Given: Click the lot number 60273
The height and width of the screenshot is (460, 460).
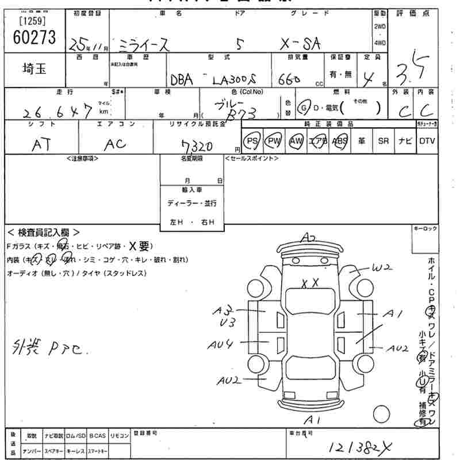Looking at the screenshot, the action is [34, 38].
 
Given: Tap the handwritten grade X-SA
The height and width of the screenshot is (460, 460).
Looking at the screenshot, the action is [298, 44].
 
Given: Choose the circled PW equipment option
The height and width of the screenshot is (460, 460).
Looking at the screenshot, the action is [274, 141].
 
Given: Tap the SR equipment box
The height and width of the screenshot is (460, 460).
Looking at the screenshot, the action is [384, 141].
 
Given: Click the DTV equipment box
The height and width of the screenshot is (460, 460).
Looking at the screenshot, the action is [427, 141].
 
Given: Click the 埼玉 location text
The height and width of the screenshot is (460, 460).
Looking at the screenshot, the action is [35, 68].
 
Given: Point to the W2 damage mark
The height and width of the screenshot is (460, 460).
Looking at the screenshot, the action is [381, 267].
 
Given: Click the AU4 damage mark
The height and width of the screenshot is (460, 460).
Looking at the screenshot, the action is [221, 344].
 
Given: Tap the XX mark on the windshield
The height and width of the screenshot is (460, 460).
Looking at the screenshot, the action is [310, 282].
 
